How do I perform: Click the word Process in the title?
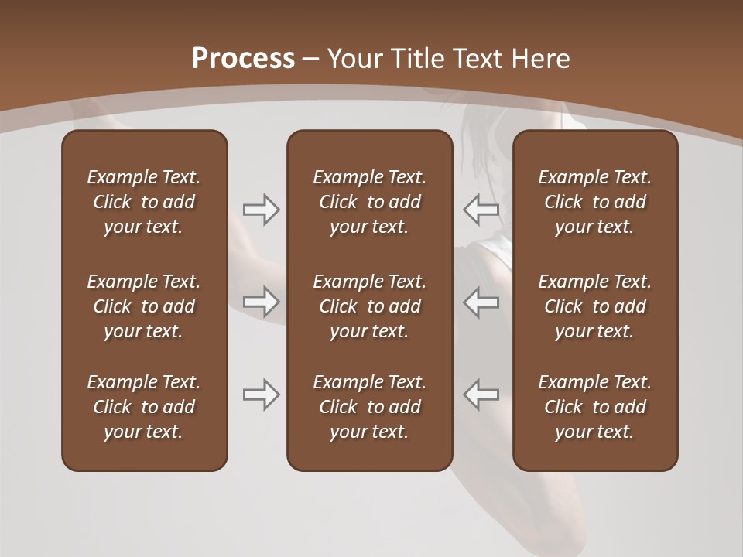pos(243,59)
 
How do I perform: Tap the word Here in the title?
pos(539,59)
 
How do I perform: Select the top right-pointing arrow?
pos(262,210)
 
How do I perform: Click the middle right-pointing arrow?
pos(262,302)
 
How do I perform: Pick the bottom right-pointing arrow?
pos(262,395)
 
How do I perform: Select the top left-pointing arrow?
pos(481,210)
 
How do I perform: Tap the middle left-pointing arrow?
pos(481,302)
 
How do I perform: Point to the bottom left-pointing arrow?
pos(481,395)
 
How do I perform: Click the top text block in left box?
pos(144,202)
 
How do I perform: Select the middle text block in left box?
pos(144,306)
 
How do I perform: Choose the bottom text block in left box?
pos(144,407)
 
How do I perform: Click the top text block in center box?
pos(369,202)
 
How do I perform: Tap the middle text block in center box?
pos(369,306)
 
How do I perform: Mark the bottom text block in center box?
pos(369,407)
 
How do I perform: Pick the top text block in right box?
pos(594,202)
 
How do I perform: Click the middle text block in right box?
pos(594,306)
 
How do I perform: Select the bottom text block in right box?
pos(594,407)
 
